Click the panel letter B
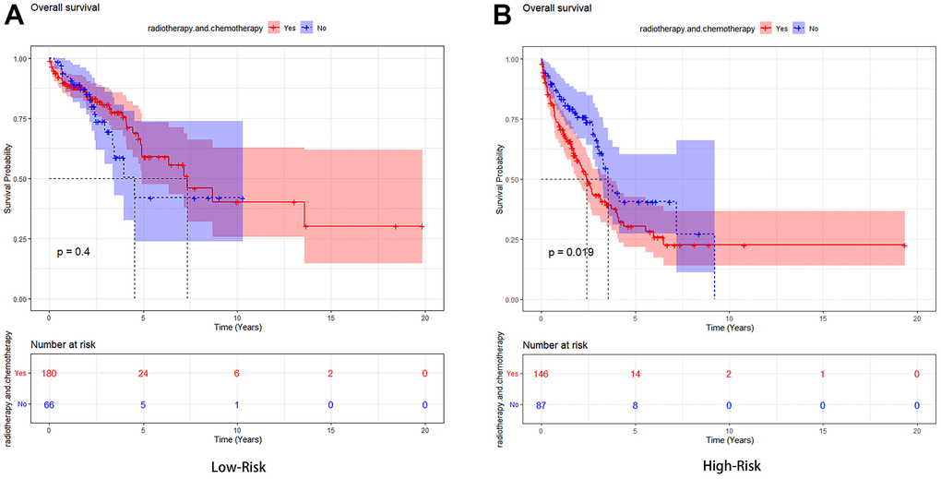click(503, 16)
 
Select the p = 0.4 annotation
click(75, 251)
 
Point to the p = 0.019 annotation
click(572, 252)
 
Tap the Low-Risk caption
click(235, 466)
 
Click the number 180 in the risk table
click(49, 374)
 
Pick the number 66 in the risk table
click(49, 404)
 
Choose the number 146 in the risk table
click(542, 375)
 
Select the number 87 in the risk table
click(542, 405)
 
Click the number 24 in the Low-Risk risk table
click(143, 374)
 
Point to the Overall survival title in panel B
click(557, 9)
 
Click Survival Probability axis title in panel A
click(7, 180)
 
